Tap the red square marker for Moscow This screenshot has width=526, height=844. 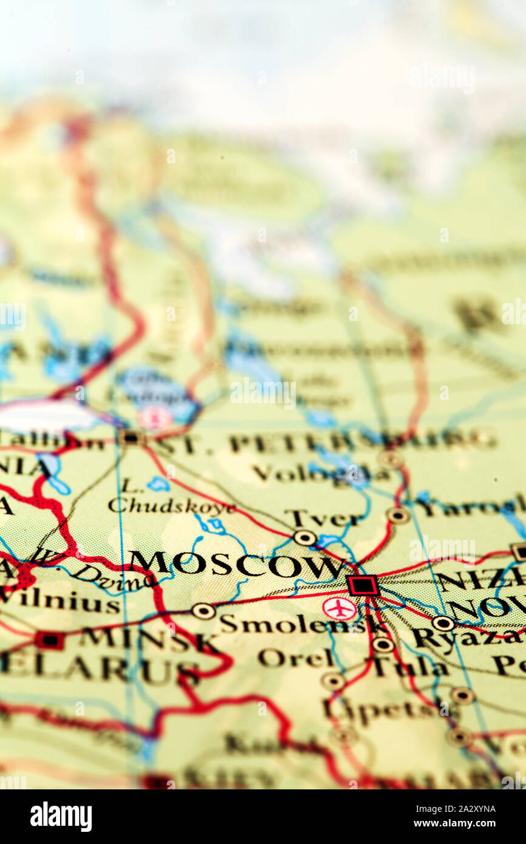point(363,585)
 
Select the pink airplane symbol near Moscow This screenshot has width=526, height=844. point(339,608)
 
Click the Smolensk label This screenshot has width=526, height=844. point(292,624)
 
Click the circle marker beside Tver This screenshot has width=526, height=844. point(304,537)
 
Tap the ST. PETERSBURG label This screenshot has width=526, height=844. point(322,442)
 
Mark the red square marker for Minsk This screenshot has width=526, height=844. point(49,639)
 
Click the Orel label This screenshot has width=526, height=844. point(295,658)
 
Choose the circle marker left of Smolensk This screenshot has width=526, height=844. point(203,610)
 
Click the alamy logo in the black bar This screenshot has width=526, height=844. point(61,817)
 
